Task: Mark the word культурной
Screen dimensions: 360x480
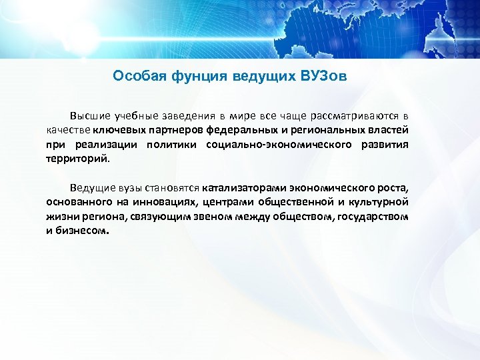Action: [381, 201]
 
